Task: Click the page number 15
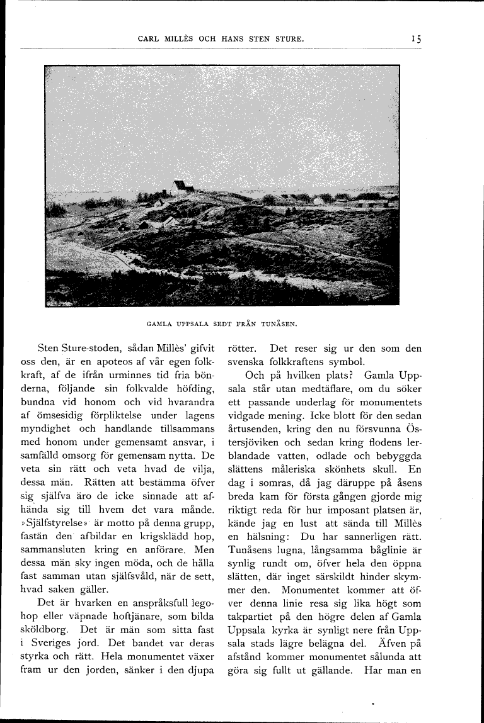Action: (x=416, y=39)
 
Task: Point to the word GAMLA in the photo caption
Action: (x=161, y=325)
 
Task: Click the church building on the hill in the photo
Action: (x=181, y=187)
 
